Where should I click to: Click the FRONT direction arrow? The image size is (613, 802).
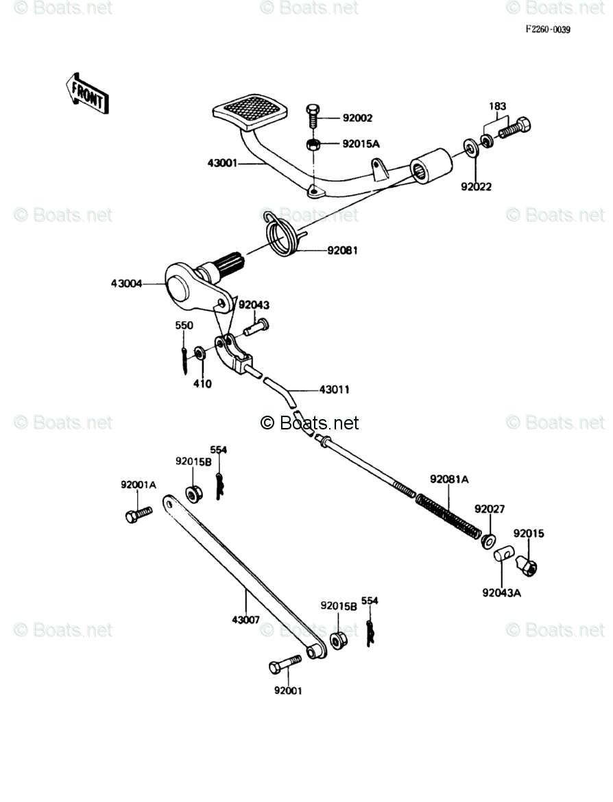click(x=88, y=94)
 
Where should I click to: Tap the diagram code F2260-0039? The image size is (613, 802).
click(x=547, y=29)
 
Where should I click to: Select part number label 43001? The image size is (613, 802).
click(x=222, y=163)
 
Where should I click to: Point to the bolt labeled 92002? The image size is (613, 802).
click(x=313, y=117)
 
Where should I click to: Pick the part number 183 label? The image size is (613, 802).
click(x=497, y=106)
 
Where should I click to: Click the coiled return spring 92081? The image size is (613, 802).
click(x=284, y=235)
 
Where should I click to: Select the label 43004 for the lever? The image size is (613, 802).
click(x=126, y=284)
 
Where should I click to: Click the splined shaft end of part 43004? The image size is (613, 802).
click(x=234, y=265)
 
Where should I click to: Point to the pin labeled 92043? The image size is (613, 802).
click(x=256, y=327)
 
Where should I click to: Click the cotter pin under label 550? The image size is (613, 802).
click(x=184, y=361)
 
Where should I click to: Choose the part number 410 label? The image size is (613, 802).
click(x=202, y=384)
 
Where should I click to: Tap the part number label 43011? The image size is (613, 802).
click(x=335, y=390)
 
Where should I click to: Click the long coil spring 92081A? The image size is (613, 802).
click(x=448, y=515)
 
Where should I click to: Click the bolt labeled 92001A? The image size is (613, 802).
click(x=139, y=514)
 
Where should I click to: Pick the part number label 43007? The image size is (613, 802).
click(x=245, y=620)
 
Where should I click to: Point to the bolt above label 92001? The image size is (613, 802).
click(x=285, y=664)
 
